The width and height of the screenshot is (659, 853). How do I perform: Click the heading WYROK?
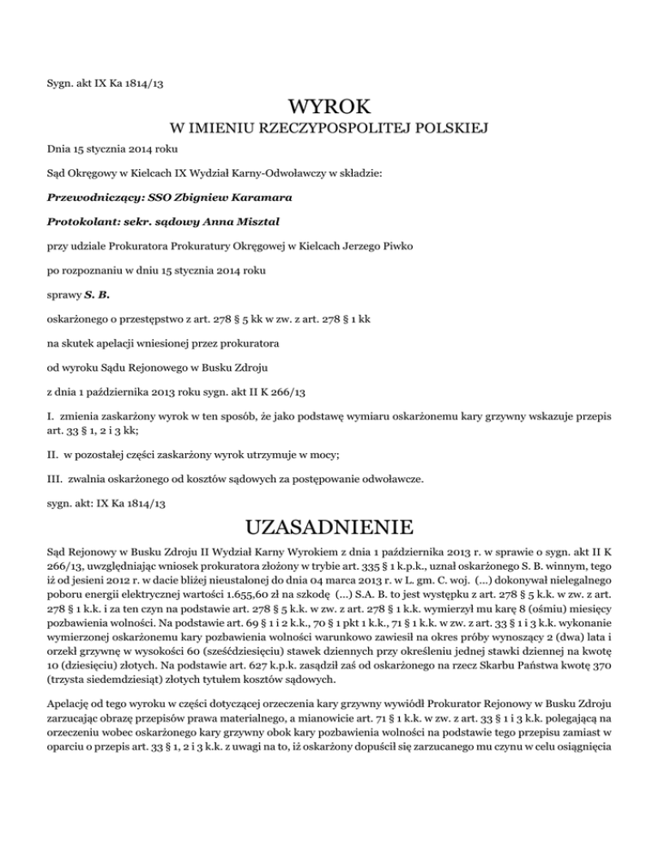click(x=329, y=108)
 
